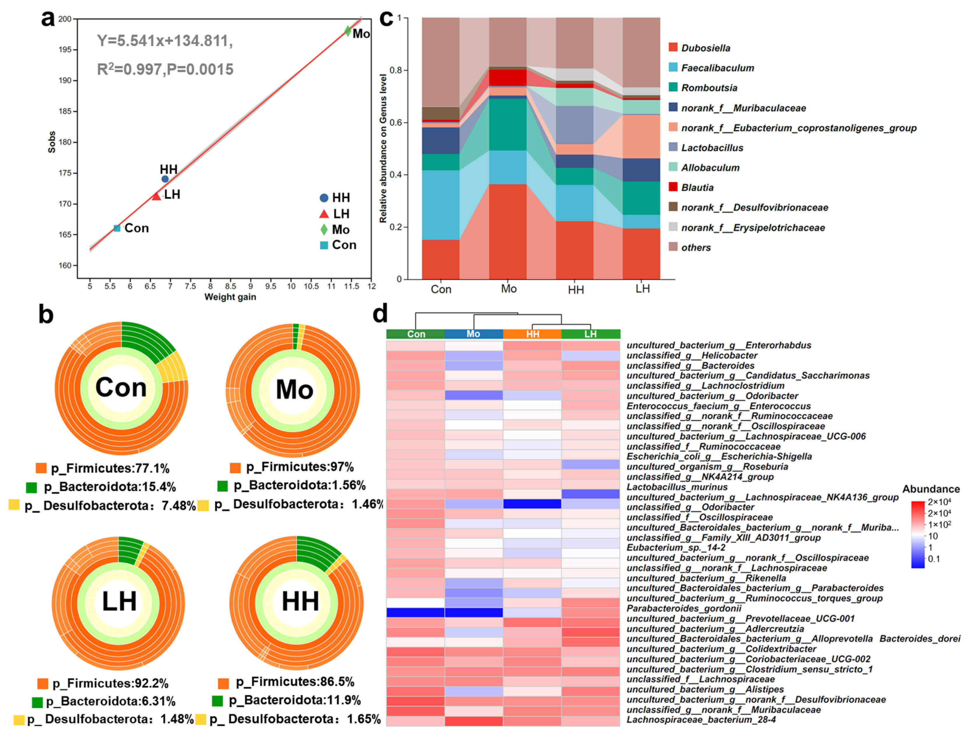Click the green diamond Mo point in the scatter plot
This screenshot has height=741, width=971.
click(347, 31)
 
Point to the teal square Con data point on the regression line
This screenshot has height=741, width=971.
click(117, 228)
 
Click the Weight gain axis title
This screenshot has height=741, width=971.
click(230, 297)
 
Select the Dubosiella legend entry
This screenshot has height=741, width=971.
click(705, 48)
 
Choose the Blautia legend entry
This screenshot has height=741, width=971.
click(697, 187)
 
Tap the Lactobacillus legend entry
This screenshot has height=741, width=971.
click(712, 148)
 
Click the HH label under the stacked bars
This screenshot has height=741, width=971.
click(575, 290)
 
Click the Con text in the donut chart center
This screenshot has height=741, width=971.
click(121, 388)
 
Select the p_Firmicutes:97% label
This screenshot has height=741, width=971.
click(300, 467)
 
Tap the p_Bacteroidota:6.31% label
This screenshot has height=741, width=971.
click(110, 701)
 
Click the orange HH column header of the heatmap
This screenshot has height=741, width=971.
click(532, 334)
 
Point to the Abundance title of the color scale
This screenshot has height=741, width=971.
click(931, 489)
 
